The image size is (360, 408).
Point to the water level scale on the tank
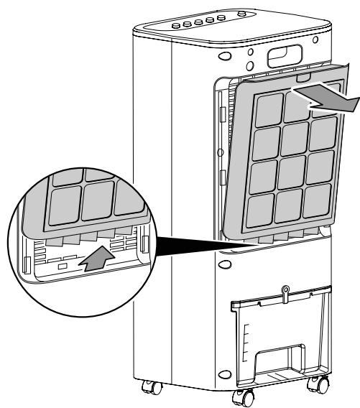tap(244, 338)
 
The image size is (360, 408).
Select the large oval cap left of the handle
tap(224, 56)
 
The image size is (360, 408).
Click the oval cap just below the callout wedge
tap(226, 264)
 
